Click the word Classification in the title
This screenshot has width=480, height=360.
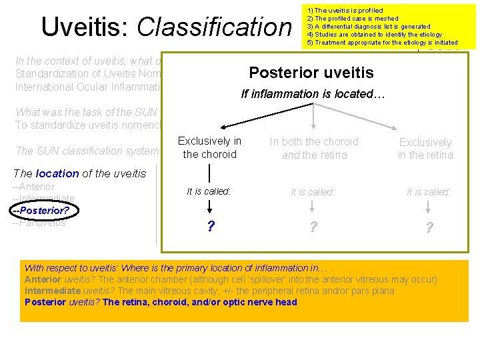tap(214, 27)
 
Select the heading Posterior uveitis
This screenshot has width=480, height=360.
tap(311, 72)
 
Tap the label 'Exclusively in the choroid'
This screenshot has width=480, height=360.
tap(209, 147)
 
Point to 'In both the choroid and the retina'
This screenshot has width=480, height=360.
tap(313, 148)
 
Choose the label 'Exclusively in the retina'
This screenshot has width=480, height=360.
tap(425, 149)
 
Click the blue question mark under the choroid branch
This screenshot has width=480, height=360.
tap(211, 227)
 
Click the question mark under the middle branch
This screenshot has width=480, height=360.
tap(313, 227)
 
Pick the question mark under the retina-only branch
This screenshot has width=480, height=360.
tap(429, 228)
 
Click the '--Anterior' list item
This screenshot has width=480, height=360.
tap(34, 187)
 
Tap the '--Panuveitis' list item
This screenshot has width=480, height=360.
tap(39, 223)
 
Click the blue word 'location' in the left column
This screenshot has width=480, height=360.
tap(57, 173)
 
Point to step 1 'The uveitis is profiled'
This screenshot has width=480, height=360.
tap(345, 11)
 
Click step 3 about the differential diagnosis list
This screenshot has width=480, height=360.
tap(368, 27)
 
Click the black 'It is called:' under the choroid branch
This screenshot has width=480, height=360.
tap(209, 191)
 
